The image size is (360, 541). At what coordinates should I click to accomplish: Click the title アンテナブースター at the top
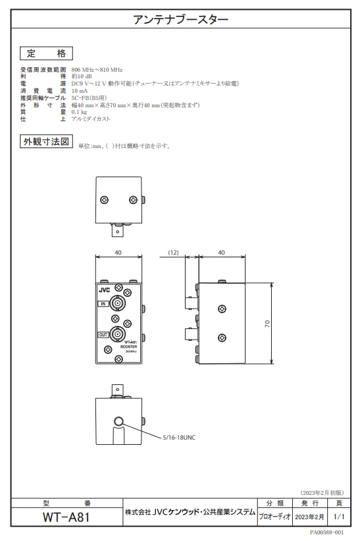[x=180, y=19]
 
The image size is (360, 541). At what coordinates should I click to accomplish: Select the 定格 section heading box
[x=46, y=53]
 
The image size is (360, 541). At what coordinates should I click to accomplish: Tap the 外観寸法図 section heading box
[x=46, y=142]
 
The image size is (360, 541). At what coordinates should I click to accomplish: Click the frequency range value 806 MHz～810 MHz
[x=97, y=70]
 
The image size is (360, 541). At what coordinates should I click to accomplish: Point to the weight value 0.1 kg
[x=79, y=112]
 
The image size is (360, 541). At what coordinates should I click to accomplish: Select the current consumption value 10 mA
[x=80, y=91]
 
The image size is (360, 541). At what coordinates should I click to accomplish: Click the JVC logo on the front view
[x=104, y=290]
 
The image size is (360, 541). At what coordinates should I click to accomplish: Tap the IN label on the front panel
[x=103, y=304]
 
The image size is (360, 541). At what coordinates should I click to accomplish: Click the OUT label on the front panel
[x=103, y=335]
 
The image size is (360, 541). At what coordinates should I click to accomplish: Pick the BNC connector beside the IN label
[x=117, y=303]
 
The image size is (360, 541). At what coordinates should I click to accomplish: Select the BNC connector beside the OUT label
[x=117, y=334]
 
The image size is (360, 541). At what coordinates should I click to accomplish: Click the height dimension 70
[x=267, y=324]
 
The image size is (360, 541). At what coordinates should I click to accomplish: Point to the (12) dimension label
[x=173, y=253]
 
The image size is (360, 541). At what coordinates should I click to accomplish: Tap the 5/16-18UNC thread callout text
[x=179, y=438]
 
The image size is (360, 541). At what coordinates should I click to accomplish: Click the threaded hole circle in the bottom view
[x=118, y=421]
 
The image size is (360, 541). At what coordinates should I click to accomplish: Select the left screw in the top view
[x=104, y=200]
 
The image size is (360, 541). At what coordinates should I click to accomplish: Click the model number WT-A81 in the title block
[x=66, y=517]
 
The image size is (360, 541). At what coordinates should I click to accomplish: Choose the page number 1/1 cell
[x=339, y=517]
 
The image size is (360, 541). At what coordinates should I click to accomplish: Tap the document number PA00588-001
[x=326, y=532]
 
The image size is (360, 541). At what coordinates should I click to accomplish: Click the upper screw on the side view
[x=222, y=309]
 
